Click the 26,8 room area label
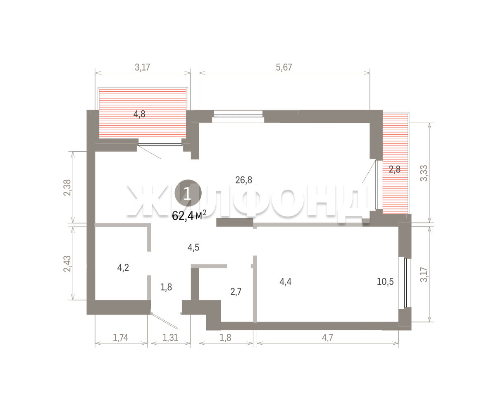coord(244,180)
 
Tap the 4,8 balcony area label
coord(139,114)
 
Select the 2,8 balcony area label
coord(395,169)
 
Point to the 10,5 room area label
coord(385,282)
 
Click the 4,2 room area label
coord(123,268)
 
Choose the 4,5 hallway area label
coord(193,248)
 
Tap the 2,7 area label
coord(236,292)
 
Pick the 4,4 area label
coord(285,282)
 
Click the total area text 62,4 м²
coord(189,216)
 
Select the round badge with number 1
coord(188,193)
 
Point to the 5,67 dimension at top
coord(284,67)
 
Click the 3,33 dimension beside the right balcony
coord(424,173)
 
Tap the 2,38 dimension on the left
coord(67,188)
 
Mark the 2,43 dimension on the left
coord(67,264)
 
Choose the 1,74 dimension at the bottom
coord(120,338)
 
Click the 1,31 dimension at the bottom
coord(170,338)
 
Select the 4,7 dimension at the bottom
coord(327,338)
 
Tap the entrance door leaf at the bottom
coord(165,321)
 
